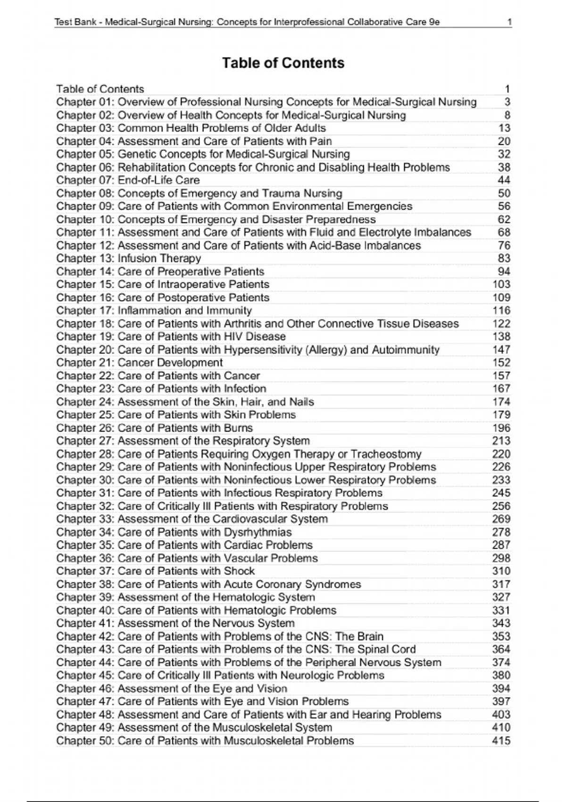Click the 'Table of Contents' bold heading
pos(283,63)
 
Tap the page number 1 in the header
pos(509,22)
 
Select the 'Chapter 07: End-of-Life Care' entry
pos(128,180)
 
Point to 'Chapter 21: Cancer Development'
pos(139,362)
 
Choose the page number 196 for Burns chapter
pos(501,428)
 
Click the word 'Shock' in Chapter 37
pos(239,571)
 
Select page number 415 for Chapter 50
pos(501,741)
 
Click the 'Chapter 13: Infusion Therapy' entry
pos(128,258)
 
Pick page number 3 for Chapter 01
pos(507,102)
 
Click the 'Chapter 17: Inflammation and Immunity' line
pos(154,310)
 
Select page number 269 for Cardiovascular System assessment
pos(501,519)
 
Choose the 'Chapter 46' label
pos(85,688)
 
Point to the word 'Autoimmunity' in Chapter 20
pos(405,350)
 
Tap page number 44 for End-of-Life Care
pos(504,180)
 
